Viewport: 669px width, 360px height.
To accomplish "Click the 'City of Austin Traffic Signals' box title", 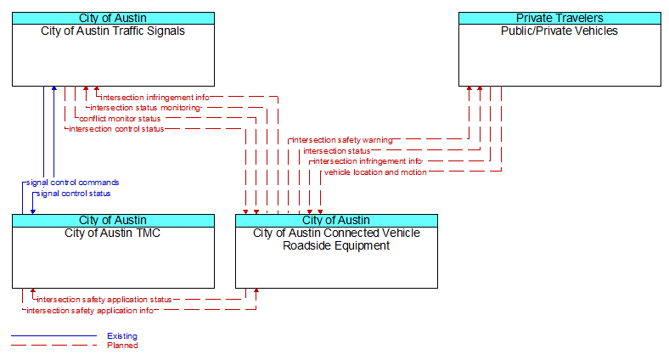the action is click(x=113, y=31).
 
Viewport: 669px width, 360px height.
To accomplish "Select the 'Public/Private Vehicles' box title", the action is click(x=559, y=31).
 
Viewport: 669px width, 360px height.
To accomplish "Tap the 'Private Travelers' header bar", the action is click(x=559, y=18).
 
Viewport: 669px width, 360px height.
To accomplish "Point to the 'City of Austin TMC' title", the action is click(x=113, y=233).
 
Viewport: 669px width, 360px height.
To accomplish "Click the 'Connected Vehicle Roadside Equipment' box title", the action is click(x=336, y=239).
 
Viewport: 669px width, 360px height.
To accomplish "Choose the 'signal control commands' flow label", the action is click(x=72, y=183).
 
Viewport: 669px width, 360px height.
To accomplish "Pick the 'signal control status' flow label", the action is click(x=73, y=194).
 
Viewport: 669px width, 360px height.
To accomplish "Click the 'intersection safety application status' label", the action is click(x=104, y=300).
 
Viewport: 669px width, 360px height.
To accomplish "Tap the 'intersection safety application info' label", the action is click(x=90, y=311).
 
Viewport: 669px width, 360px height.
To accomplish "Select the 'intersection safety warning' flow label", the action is click(x=342, y=140).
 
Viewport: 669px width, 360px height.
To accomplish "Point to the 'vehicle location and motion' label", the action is click(x=375, y=172).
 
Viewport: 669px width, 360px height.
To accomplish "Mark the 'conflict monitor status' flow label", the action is click(x=120, y=119).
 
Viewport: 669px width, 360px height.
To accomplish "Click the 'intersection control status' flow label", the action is click(x=116, y=129).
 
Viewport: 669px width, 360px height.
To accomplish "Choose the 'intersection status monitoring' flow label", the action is click(x=145, y=108).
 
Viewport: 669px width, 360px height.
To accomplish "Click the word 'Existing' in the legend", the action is click(x=122, y=336).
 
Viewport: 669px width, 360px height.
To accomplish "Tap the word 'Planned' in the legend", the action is click(x=122, y=346).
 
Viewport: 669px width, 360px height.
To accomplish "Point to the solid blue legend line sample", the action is click(x=54, y=335).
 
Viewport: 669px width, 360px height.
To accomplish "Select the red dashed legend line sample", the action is click(x=54, y=345).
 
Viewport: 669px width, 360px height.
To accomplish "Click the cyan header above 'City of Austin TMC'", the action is click(x=113, y=220).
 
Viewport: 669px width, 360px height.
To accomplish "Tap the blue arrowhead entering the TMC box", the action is click(x=33, y=211).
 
